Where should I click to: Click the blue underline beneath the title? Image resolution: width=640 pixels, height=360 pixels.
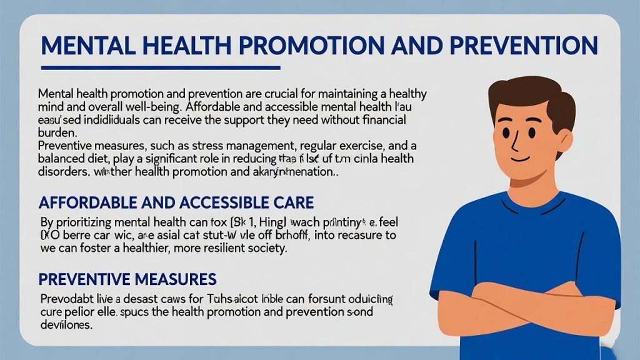click(x=159, y=67)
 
